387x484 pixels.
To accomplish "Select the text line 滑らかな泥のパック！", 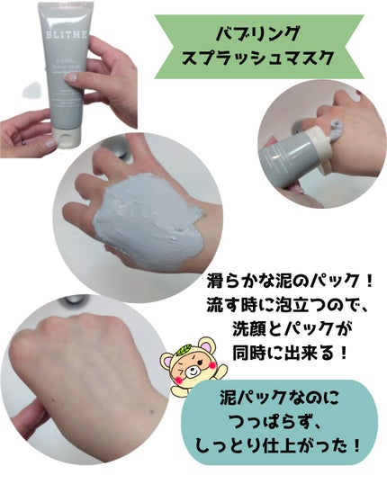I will [285, 278].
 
